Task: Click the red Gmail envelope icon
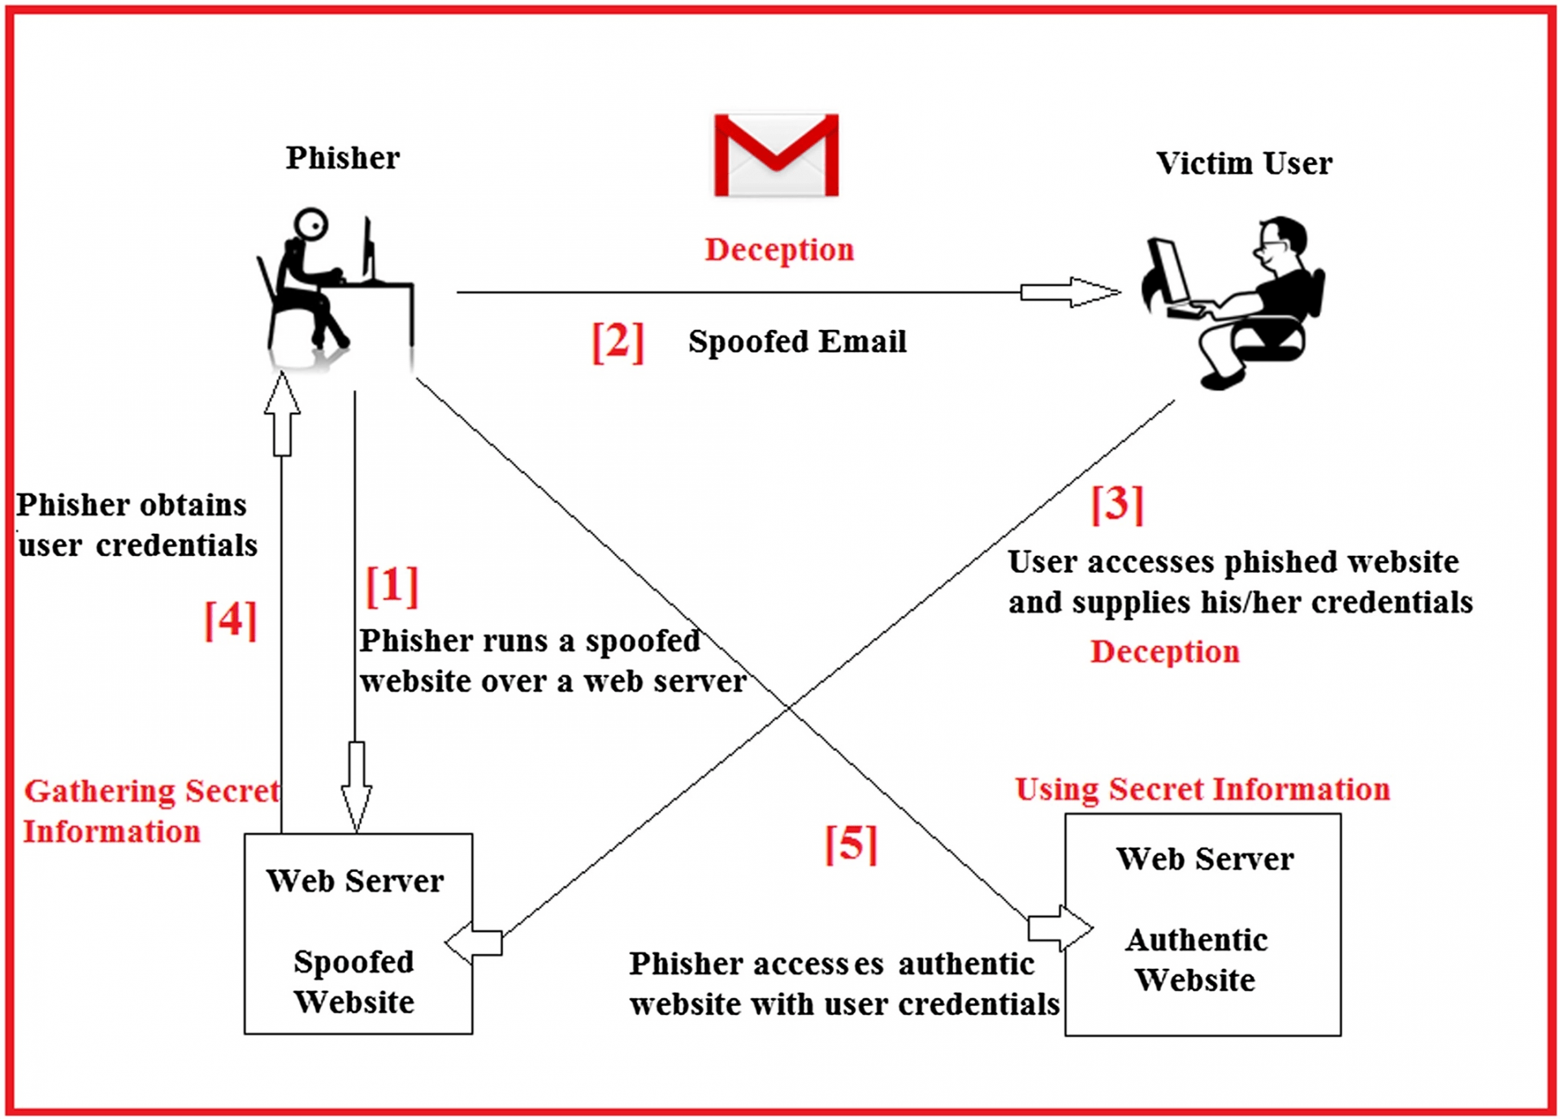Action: pyautogui.click(x=776, y=155)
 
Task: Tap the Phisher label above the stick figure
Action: pyautogui.click(x=342, y=158)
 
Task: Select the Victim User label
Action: pyautogui.click(x=1244, y=163)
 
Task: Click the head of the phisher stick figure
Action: pyautogui.click(x=310, y=223)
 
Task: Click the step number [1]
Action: pyautogui.click(x=392, y=585)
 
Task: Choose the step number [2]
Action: pyautogui.click(x=617, y=341)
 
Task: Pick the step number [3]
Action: pyautogui.click(x=1117, y=504)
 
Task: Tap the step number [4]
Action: pyautogui.click(x=231, y=620)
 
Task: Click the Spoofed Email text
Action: pyautogui.click(x=797, y=341)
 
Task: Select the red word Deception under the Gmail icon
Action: pyautogui.click(x=779, y=249)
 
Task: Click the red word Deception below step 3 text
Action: pyautogui.click(x=1164, y=652)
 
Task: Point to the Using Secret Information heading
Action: pyautogui.click(x=1202, y=789)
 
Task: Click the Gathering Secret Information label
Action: pyautogui.click(x=150, y=811)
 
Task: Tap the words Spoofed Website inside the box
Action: pyautogui.click(x=354, y=982)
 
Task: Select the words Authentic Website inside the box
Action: pyautogui.click(x=1196, y=960)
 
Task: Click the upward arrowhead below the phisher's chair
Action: pyautogui.click(x=282, y=394)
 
